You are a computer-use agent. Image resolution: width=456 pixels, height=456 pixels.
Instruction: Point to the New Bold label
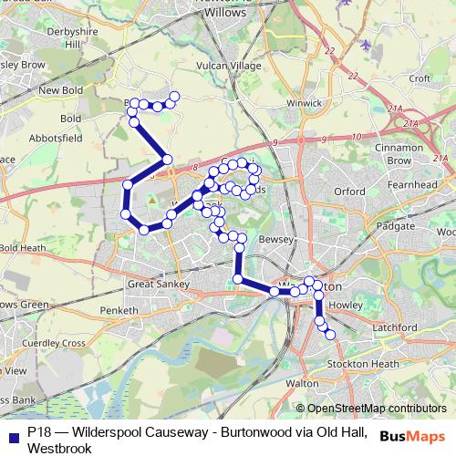click(61, 90)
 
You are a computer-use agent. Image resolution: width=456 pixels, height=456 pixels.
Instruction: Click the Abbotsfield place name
click(56, 138)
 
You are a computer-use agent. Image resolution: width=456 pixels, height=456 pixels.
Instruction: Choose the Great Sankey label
click(158, 285)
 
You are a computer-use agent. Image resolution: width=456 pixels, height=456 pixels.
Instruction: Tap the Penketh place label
click(119, 310)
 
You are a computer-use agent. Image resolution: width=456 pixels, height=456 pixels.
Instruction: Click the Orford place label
click(350, 192)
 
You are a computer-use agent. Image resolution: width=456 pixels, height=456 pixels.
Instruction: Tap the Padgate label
click(395, 223)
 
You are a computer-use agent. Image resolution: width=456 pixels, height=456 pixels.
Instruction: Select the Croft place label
click(420, 79)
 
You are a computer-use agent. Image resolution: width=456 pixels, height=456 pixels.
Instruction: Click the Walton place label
click(303, 384)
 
